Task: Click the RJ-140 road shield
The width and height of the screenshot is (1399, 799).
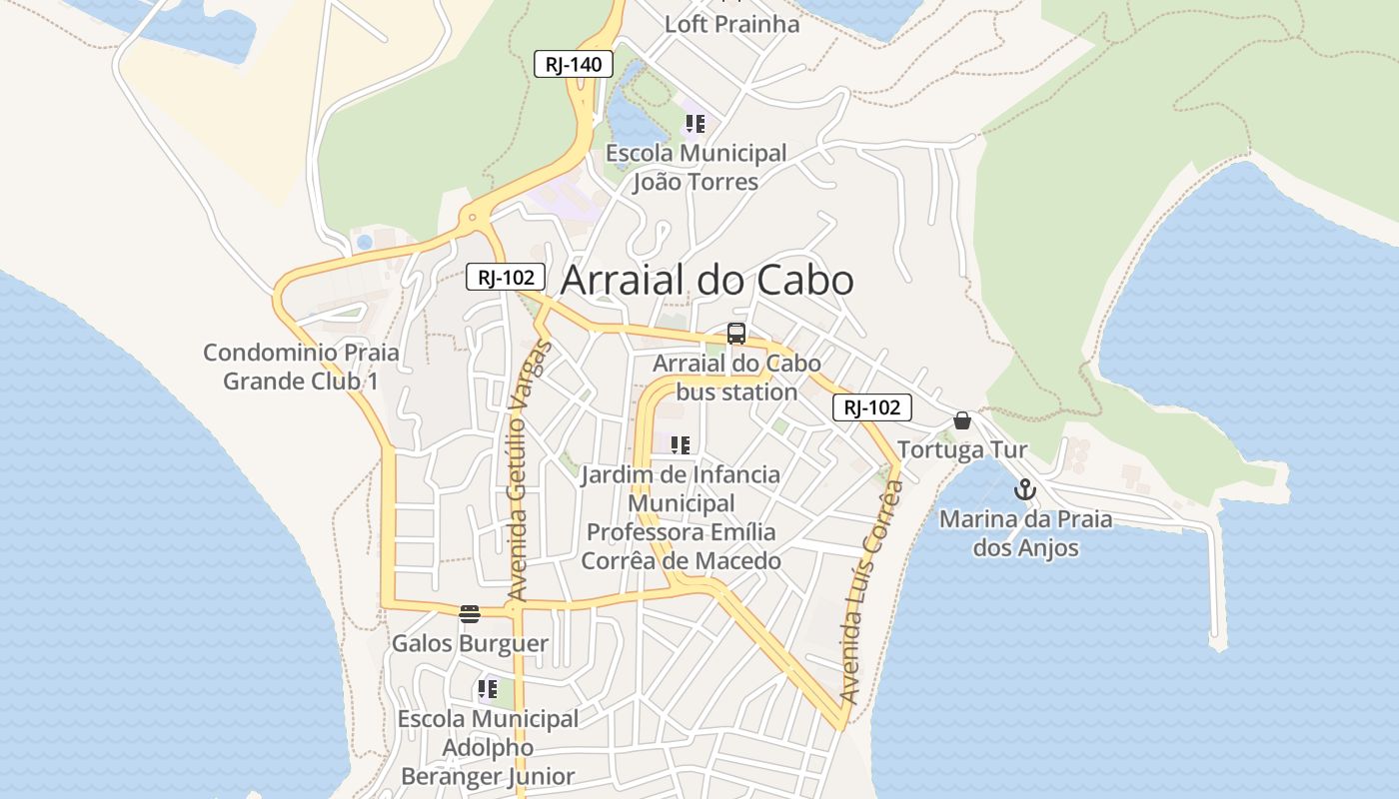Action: (x=573, y=65)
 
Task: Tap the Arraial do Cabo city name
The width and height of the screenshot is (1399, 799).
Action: (x=706, y=281)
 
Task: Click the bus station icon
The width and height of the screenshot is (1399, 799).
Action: (x=736, y=334)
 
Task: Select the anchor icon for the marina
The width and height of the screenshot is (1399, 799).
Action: (x=1024, y=489)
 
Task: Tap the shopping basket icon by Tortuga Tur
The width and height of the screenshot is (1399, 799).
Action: (x=962, y=420)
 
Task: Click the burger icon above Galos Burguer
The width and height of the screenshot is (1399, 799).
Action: (x=470, y=613)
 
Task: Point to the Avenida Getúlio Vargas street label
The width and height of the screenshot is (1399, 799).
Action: (x=530, y=470)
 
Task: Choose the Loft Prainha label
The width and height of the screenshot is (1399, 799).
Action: (x=732, y=25)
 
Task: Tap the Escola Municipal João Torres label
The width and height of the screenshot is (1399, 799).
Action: (x=697, y=168)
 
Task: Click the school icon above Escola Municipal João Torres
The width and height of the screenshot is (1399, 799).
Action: (x=695, y=125)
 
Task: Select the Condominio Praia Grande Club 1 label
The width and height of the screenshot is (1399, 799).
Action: (x=301, y=367)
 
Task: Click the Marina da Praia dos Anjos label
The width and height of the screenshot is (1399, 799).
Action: (x=1025, y=533)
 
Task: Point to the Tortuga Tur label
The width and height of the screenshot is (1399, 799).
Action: (x=962, y=449)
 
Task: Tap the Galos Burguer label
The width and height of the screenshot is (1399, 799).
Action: (x=470, y=643)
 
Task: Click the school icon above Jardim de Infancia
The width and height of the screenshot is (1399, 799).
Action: (x=681, y=445)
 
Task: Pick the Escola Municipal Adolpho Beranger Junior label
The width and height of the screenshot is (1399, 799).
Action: (x=488, y=747)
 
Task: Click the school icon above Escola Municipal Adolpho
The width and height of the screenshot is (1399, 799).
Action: (x=488, y=689)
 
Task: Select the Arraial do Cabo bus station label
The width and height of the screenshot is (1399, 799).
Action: (x=736, y=378)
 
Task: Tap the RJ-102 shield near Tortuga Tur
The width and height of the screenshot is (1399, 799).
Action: (x=871, y=407)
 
